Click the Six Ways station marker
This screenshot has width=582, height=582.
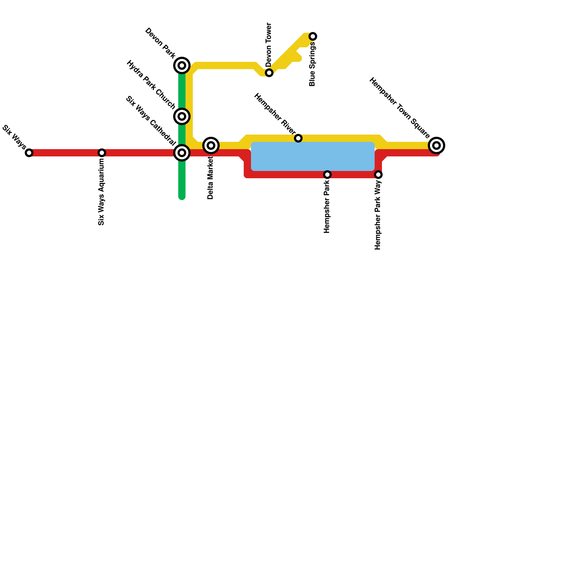coord(29,153)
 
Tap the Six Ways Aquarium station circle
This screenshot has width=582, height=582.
coord(102,153)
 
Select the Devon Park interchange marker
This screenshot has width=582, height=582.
coord(182,65)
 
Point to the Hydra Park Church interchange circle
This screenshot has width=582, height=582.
coord(182,116)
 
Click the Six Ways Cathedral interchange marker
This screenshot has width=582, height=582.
coord(182,153)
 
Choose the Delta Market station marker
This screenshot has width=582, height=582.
coord(211,145)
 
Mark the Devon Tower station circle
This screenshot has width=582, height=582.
coord(269,73)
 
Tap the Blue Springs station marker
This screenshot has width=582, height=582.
coord(313,36)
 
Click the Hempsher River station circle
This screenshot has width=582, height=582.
coord(298,138)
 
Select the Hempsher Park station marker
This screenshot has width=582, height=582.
coord(327,175)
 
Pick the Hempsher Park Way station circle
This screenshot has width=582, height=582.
coord(378,175)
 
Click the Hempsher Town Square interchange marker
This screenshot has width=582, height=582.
coord(436,145)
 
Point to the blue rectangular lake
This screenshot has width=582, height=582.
coord(313,156)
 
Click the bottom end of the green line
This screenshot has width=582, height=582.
coord(182,198)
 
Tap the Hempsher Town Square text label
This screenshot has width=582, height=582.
coord(399,108)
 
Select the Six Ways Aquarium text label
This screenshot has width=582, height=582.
coord(101,192)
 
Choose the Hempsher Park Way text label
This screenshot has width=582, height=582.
coord(378,215)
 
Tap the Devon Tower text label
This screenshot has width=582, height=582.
coord(269,44)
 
